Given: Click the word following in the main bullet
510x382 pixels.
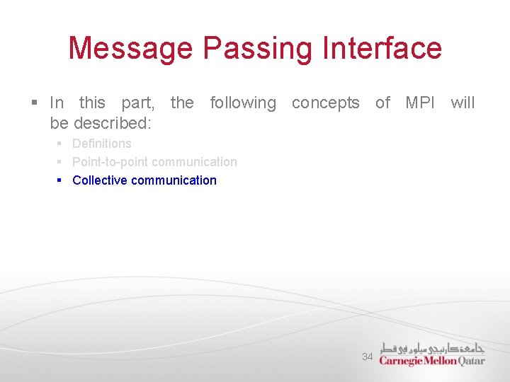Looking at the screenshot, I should pyautogui.click(x=243, y=103).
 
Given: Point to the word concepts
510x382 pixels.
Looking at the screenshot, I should pyautogui.click(x=326, y=103).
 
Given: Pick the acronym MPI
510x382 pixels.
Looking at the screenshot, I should pyautogui.click(x=421, y=103).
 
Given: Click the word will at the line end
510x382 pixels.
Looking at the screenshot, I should pyautogui.click(x=463, y=103).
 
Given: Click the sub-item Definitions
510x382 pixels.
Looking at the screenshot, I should pyautogui.click(x=102, y=144).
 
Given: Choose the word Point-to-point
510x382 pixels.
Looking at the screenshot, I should pyautogui.click(x=110, y=162).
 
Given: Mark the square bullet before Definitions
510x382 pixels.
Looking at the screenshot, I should pyautogui.click(x=60, y=144).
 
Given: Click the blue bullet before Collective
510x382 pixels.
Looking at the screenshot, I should pyautogui.click(x=60, y=181).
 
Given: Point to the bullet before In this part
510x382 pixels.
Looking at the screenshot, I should pyautogui.click(x=34, y=104).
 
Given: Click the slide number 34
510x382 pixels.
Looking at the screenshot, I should pyautogui.click(x=367, y=357).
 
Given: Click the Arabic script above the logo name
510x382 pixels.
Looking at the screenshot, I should pyautogui.click(x=432, y=348).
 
